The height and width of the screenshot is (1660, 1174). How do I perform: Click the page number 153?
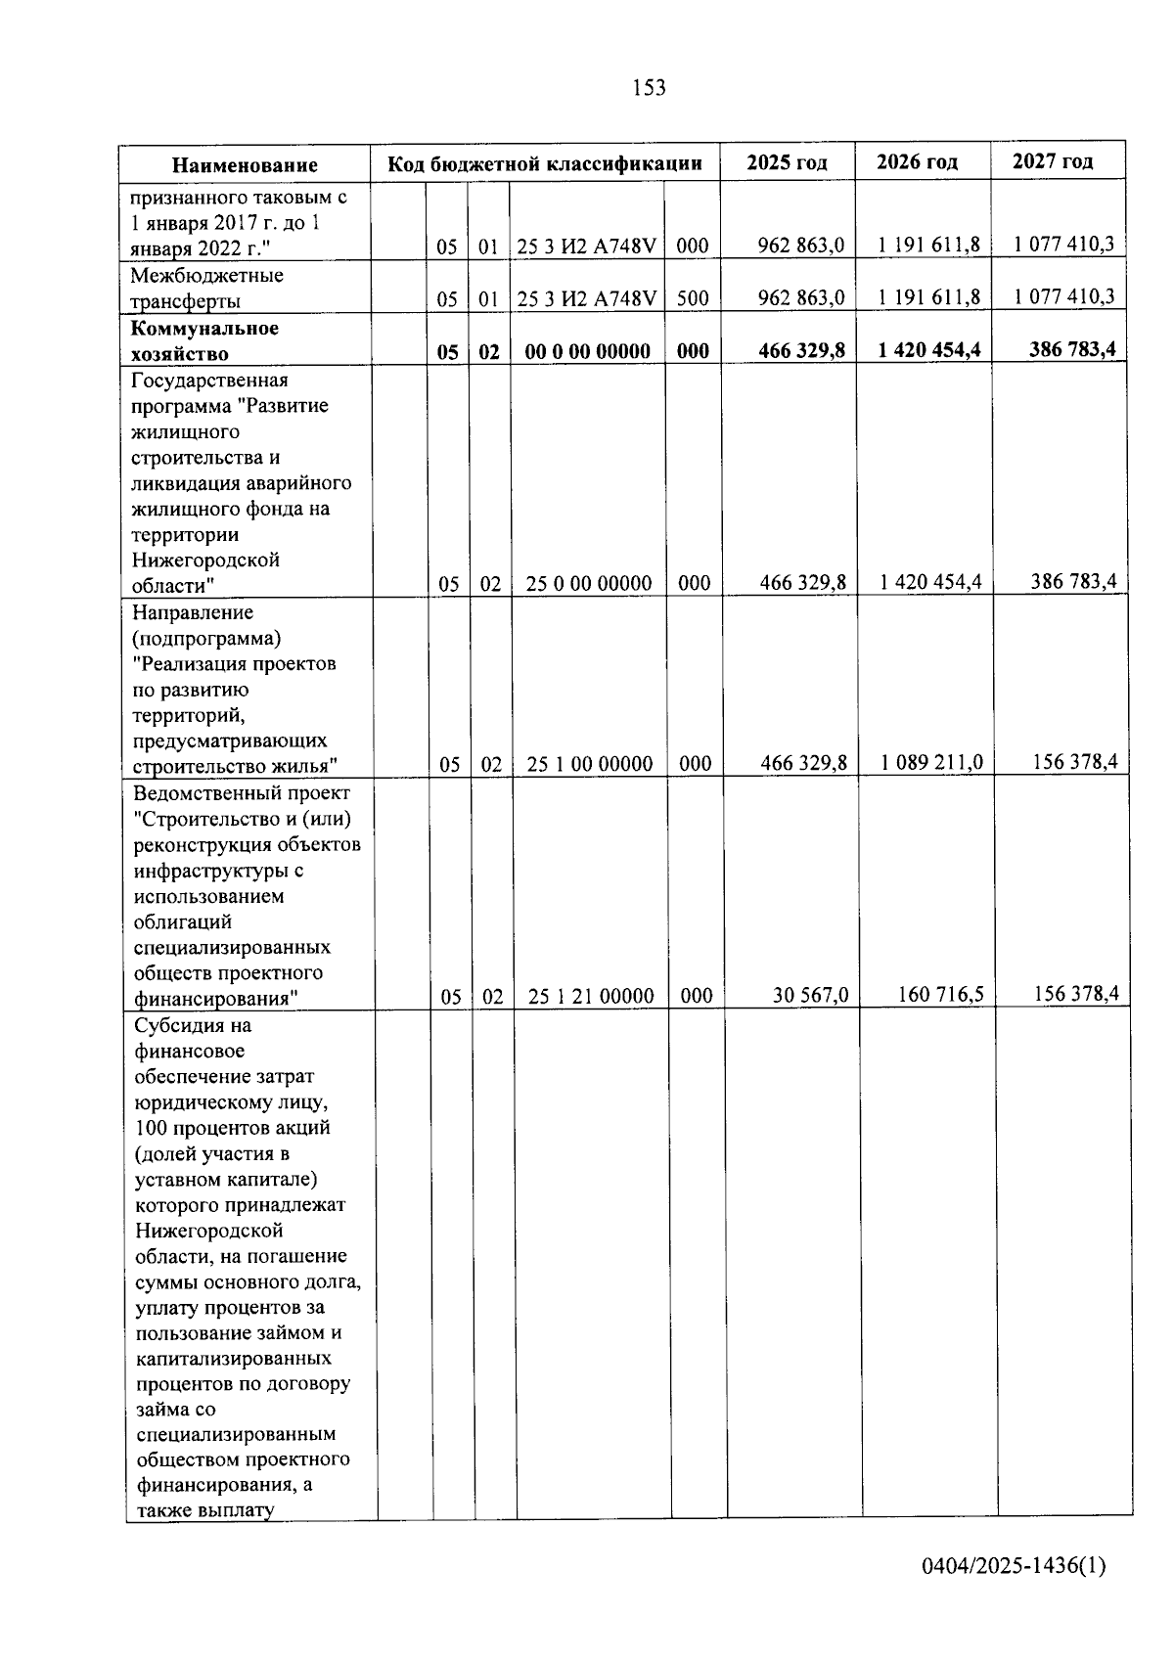click(649, 88)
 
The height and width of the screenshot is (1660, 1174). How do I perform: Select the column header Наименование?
click(246, 165)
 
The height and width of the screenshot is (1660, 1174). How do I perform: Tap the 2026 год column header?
click(917, 161)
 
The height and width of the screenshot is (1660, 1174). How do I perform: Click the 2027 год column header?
click(1053, 161)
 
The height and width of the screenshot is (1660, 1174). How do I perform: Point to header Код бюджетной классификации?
click(545, 163)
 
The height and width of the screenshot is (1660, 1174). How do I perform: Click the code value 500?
click(693, 298)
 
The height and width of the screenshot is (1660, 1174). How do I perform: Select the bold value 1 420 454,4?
click(929, 350)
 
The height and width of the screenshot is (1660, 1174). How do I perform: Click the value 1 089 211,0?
click(931, 762)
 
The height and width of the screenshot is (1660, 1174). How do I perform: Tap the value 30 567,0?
click(810, 996)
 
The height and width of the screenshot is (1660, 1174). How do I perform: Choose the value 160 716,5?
click(941, 995)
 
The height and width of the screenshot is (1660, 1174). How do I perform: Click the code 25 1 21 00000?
click(591, 997)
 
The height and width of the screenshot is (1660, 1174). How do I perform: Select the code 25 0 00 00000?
click(589, 584)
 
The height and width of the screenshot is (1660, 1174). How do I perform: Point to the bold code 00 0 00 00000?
click(588, 351)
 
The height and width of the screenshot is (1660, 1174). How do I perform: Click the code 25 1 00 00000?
click(590, 764)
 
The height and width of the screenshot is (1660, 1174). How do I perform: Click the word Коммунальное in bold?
click(204, 328)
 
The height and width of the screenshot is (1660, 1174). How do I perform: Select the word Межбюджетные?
click(207, 276)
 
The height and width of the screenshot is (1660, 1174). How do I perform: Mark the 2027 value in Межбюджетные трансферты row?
click(1063, 296)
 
